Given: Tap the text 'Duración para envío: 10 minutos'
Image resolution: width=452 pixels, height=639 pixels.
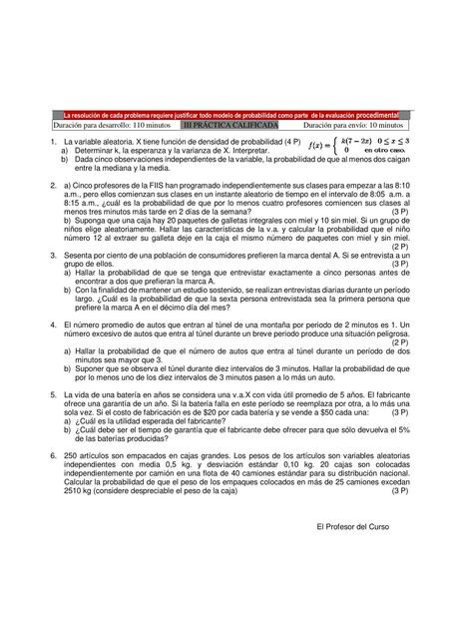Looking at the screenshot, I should point(353,127).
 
